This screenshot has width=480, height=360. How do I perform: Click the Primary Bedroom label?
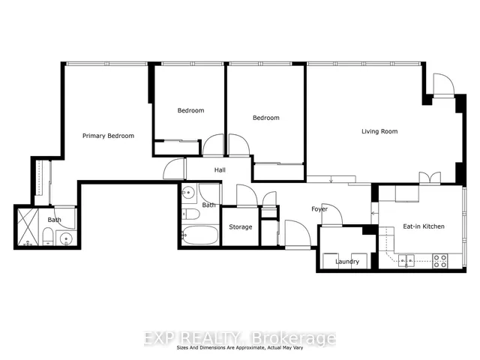[x=108, y=136]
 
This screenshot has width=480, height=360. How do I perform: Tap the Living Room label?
[x=379, y=131]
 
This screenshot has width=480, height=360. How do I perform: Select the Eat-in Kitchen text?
[x=424, y=226]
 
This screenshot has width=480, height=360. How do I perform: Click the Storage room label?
[x=241, y=226]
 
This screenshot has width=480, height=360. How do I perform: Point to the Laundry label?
[x=347, y=262]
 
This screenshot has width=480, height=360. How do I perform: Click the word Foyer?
[x=319, y=209]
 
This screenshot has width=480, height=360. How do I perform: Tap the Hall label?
[x=220, y=170]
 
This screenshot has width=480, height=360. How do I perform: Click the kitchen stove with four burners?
[x=440, y=261]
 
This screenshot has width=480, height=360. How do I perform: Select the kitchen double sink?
[x=406, y=261]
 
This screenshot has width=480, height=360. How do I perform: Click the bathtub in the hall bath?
[x=200, y=235]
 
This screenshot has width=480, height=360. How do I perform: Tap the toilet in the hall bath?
[x=190, y=214]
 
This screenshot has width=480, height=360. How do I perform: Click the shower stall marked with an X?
[x=28, y=226]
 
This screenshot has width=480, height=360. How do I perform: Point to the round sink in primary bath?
[x=66, y=238]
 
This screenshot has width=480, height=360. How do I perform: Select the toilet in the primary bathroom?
[x=48, y=236]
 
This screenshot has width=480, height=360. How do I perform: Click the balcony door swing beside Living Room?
[x=444, y=84]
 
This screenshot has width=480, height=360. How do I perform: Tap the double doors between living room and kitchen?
[x=430, y=178]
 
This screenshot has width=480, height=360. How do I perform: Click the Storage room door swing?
[x=247, y=195]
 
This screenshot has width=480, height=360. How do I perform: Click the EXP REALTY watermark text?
[x=240, y=338]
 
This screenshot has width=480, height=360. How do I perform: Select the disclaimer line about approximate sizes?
[x=240, y=348]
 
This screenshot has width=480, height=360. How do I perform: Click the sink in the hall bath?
[x=188, y=193]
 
